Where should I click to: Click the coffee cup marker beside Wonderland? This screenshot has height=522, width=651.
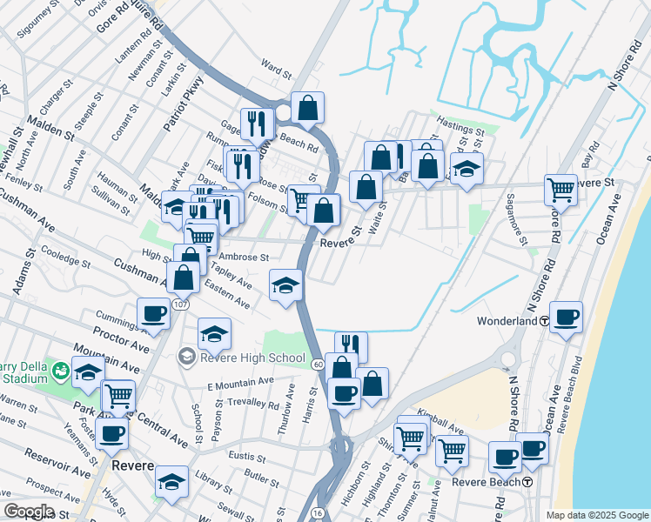coord(566,318)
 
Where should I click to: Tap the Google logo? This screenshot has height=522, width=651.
coord(29,512)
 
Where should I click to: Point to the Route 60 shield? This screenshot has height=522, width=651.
coord(319,363)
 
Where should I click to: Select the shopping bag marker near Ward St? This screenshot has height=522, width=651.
coord(307,108)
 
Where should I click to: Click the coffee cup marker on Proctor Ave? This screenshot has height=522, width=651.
coord(154,315)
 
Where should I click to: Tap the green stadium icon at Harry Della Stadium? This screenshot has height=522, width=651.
coord(60,371)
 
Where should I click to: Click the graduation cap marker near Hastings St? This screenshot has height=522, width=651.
coord(467,169)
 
